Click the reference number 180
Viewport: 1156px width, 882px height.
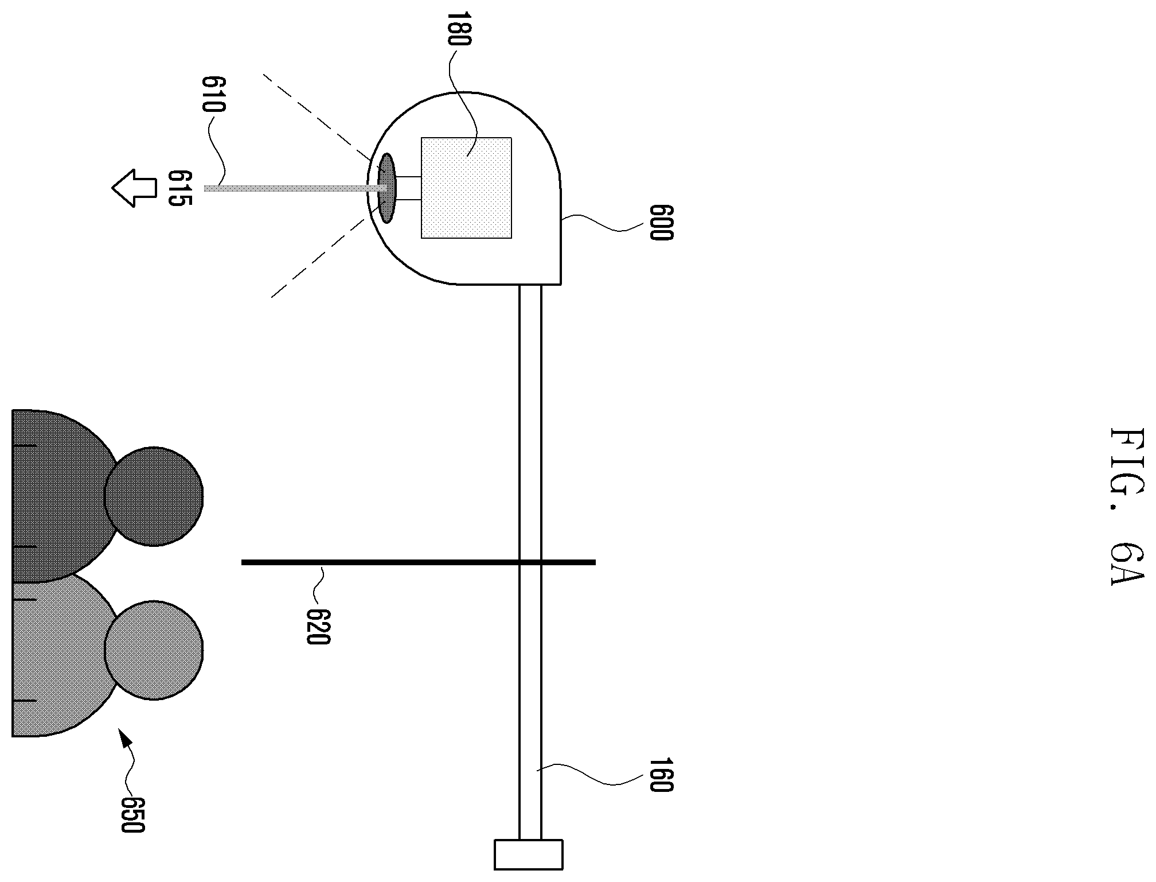459,29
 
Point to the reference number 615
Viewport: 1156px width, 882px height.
179,188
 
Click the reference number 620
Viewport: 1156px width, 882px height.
318,627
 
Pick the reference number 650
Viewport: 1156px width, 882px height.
132,815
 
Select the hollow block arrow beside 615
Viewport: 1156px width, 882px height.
134,188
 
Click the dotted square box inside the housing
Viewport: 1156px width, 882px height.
466,188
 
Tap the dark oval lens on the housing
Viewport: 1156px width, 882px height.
386,188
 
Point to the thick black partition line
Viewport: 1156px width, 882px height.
419,562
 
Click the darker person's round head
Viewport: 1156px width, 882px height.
154,496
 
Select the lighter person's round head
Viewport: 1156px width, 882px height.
154,650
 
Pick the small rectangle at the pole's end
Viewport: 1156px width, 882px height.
528,855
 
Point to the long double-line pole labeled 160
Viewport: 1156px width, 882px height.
530,562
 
